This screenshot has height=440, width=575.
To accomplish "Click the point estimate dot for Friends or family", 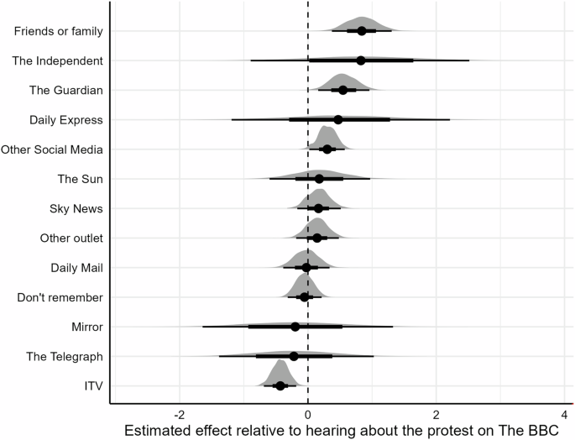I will pos(362,31).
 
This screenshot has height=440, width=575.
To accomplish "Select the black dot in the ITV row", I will pos(280,385).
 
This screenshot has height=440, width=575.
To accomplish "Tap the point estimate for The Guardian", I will pos(342,90).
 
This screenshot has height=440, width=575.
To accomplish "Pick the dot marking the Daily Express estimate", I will pos(338,119).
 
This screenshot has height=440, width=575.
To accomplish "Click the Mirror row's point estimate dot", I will pos(295,327).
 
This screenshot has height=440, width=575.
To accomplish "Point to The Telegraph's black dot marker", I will pos(294,356).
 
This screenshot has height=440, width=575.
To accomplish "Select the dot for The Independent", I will pos(361,60).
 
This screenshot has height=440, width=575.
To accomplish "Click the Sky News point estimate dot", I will pos(318,208).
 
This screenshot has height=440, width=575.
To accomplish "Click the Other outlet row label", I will pos(71,238).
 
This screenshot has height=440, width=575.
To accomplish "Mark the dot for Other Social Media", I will pos(327,149).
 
